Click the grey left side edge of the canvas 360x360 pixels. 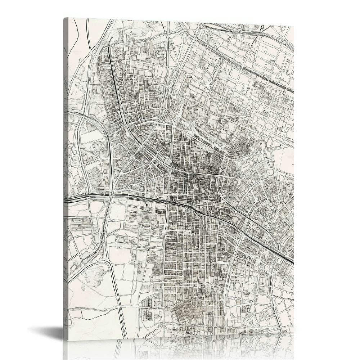[66, 180]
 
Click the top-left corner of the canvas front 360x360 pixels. [68, 18]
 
